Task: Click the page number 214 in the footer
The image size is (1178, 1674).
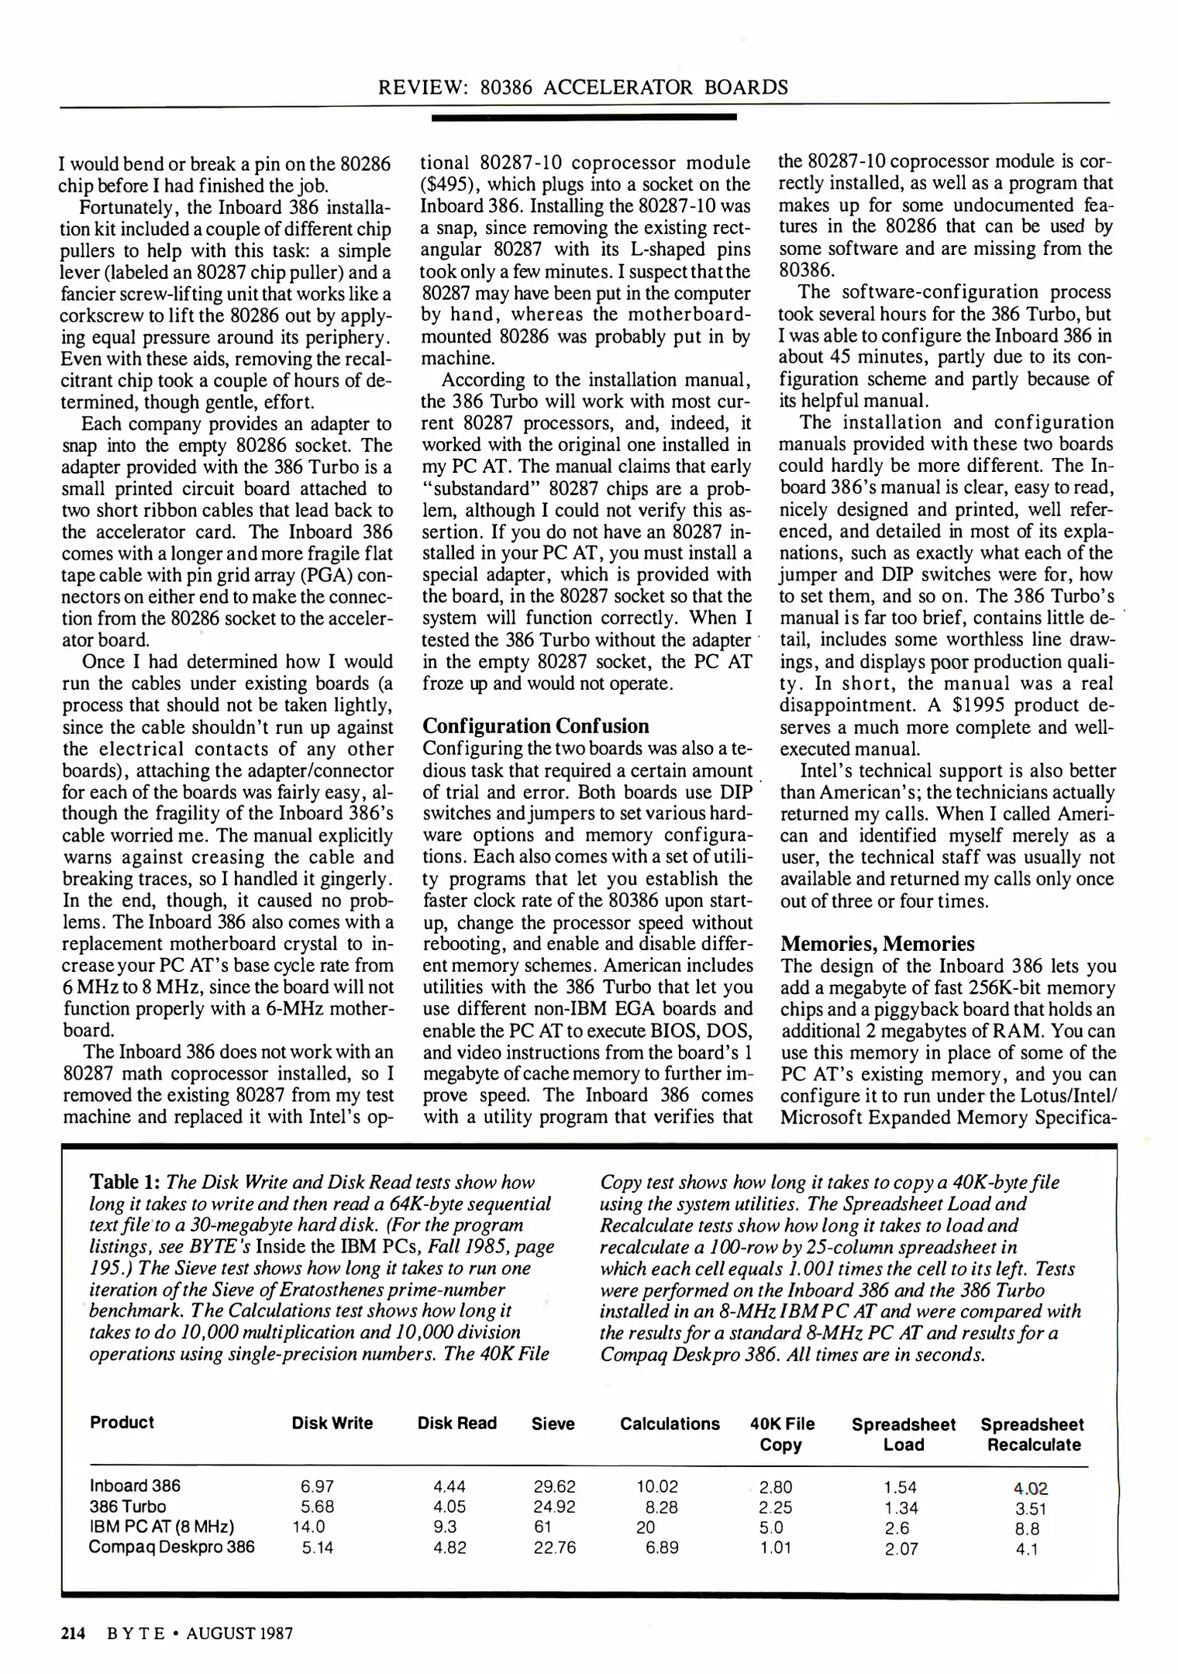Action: pyautogui.click(x=72, y=1634)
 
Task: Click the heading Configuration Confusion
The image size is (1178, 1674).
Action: pyautogui.click(x=536, y=726)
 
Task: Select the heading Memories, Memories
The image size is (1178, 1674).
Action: pyautogui.click(x=877, y=944)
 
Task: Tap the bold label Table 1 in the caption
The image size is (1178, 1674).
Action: pyautogui.click(x=126, y=1182)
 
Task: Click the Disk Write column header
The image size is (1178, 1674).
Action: pyautogui.click(x=332, y=1423)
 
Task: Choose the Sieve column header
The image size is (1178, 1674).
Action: pyautogui.click(x=553, y=1424)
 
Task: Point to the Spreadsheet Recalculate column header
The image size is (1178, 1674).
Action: pyautogui.click(x=1032, y=1435)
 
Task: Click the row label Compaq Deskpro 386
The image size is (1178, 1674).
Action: pyautogui.click(x=171, y=1547)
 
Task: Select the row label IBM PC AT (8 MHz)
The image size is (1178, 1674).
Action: pyautogui.click(x=161, y=1527)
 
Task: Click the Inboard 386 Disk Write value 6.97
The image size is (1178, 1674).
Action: pyautogui.click(x=317, y=1486)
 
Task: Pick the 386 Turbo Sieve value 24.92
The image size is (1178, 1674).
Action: pyautogui.click(x=554, y=1507)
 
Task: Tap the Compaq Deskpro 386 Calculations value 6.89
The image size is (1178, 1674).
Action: pyautogui.click(x=662, y=1548)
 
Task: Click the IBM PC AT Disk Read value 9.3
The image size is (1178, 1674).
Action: pyautogui.click(x=445, y=1528)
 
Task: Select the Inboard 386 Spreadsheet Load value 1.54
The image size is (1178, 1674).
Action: pyautogui.click(x=901, y=1487)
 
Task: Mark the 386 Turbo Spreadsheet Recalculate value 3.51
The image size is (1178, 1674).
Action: pyautogui.click(x=1031, y=1509)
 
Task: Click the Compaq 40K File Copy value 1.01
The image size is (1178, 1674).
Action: pyautogui.click(x=775, y=1548)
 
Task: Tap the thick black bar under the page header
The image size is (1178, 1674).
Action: pyautogui.click(x=584, y=117)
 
